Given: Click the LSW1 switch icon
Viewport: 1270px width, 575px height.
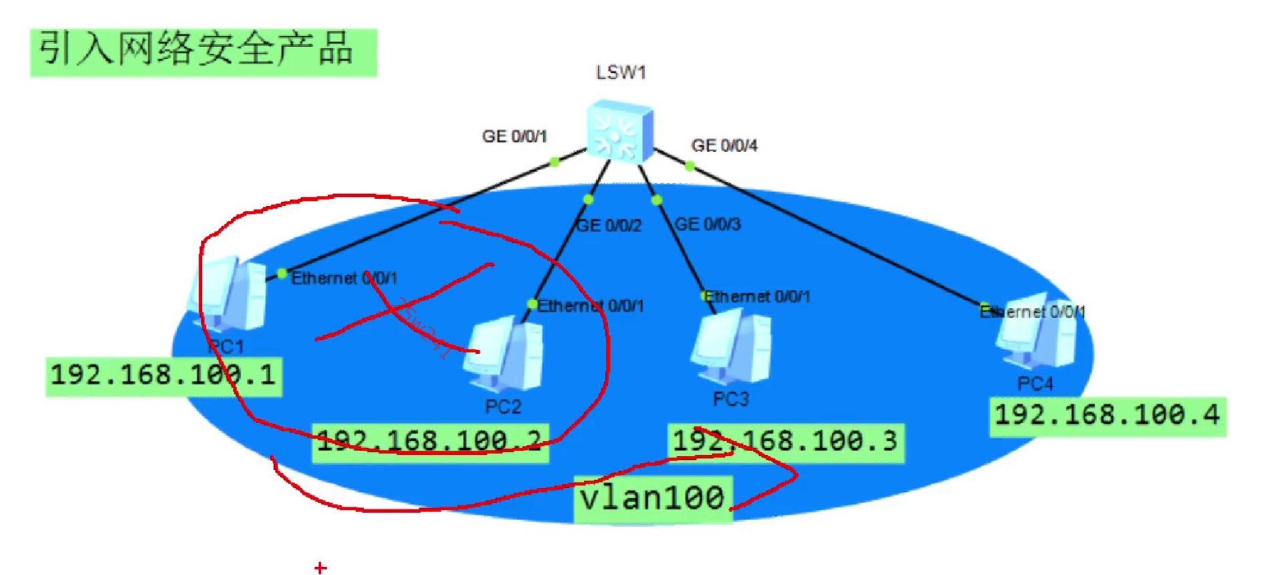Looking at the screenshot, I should tap(619, 131).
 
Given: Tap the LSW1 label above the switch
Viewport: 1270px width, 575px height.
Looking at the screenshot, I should tap(621, 72).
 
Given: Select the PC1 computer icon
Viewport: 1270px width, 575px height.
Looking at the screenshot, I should tap(229, 294).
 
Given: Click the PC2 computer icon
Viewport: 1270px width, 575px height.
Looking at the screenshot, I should tap(506, 355).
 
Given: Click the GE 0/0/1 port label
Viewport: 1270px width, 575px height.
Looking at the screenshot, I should tap(514, 137).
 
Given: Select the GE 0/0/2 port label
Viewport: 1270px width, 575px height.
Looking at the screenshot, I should tap(609, 226).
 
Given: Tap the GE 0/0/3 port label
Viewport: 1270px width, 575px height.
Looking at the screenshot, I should tap(708, 224).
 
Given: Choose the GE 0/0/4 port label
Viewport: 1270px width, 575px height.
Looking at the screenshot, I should tap(724, 146).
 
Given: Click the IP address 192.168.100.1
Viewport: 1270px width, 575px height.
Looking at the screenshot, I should tap(163, 375).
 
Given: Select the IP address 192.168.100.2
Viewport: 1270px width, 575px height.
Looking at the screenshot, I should tap(430, 442).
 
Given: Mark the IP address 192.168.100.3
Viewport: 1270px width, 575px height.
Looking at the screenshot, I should tap(785, 442).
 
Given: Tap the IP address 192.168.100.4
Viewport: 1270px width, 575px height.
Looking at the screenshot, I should tap(1107, 416).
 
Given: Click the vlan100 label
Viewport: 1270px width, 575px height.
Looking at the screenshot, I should tap(653, 499).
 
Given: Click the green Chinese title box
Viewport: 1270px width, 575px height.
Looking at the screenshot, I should tap(203, 52).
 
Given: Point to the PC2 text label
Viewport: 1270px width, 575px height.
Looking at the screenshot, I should tap(503, 407).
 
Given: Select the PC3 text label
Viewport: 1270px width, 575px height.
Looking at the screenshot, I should tap(731, 400).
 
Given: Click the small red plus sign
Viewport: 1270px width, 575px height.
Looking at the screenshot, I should tap(320, 568).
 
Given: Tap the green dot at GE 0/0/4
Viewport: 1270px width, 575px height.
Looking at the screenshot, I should tap(690, 165).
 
